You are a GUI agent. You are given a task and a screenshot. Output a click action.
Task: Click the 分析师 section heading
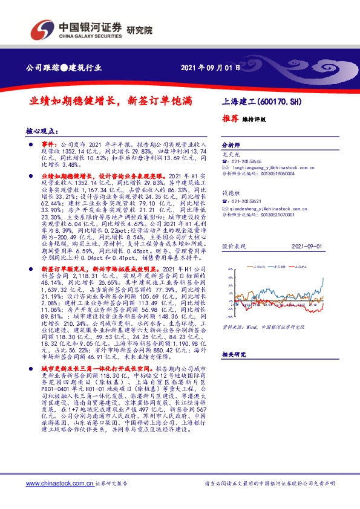pyautogui.click(x=231, y=146)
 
